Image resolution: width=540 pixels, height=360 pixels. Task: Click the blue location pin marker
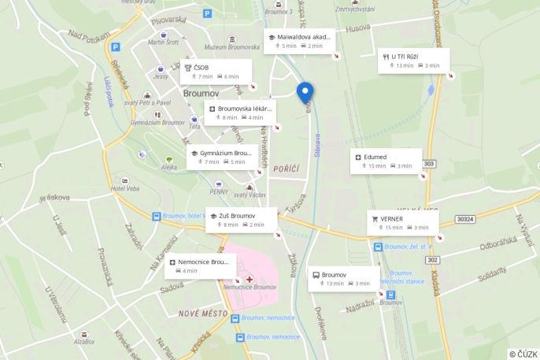pos(305,91)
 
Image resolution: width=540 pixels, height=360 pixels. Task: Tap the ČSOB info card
pos(216,72)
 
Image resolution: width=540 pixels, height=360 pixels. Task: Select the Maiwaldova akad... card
pos(299,41)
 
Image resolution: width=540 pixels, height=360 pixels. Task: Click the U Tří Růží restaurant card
pos(413,61)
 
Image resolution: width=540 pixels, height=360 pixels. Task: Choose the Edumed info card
pos(386,161)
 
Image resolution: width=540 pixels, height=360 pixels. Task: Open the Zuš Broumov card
pos(241,220)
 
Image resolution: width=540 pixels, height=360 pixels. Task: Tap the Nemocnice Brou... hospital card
pos(200,265)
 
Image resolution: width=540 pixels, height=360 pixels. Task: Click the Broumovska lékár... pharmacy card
pos(241,113)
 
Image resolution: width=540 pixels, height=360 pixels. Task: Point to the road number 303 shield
pos(429,164)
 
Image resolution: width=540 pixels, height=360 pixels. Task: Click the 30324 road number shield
pos(466,220)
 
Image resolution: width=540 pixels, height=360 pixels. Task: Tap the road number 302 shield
pos(433,260)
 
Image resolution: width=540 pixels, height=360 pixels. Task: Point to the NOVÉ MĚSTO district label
pos(202,313)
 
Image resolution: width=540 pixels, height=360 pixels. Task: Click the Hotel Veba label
pos(125,187)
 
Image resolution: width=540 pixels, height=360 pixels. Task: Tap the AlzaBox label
pos(84,342)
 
